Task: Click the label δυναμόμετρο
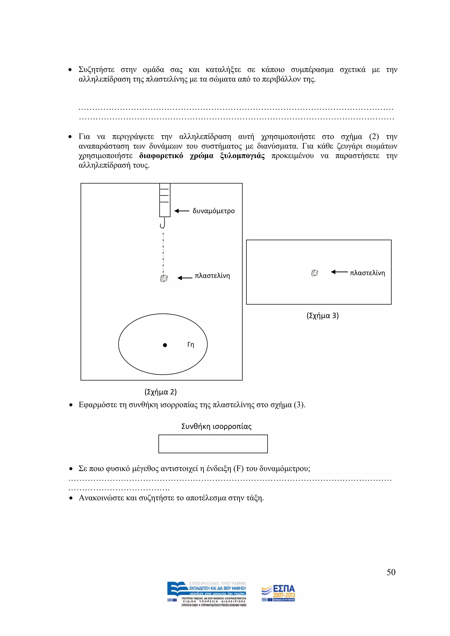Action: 213,211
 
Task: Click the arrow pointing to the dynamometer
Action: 182,211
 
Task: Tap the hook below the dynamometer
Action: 163,224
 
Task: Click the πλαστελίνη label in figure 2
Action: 212,276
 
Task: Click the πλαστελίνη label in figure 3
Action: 367,273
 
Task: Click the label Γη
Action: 191,345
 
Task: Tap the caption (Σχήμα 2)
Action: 160,392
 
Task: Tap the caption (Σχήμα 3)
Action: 323,316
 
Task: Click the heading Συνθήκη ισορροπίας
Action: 216,426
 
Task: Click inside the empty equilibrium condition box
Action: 213,444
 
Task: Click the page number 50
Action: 391,572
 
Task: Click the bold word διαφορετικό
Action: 161,156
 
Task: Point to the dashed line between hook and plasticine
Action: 163,252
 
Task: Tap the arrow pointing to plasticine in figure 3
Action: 339,272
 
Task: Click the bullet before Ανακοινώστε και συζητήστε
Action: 71,498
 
